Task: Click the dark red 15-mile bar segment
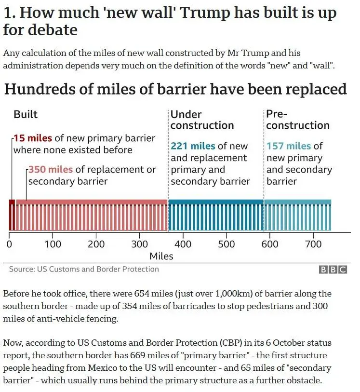(x=12, y=215)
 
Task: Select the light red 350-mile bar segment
(x=92, y=215)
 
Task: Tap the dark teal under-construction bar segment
(x=216, y=215)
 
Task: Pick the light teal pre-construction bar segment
(x=298, y=215)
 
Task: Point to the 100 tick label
(x=53, y=244)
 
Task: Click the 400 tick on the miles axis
(x=183, y=244)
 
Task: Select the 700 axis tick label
(x=313, y=244)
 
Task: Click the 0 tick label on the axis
(x=10, y=244)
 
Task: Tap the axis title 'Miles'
(x=161, y=256)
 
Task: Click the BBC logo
(x=333, y=270)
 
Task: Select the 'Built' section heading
(x=26, y=114)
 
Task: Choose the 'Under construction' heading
(x=202, y=120)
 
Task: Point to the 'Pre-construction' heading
(x=297, y=120)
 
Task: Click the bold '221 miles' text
(x=193, y=146)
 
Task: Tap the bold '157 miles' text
(x=289, y=146)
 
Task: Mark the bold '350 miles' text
(x=51, y=170)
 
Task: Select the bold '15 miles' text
(x=33, y=138)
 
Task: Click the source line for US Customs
(x=84, y=269)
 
